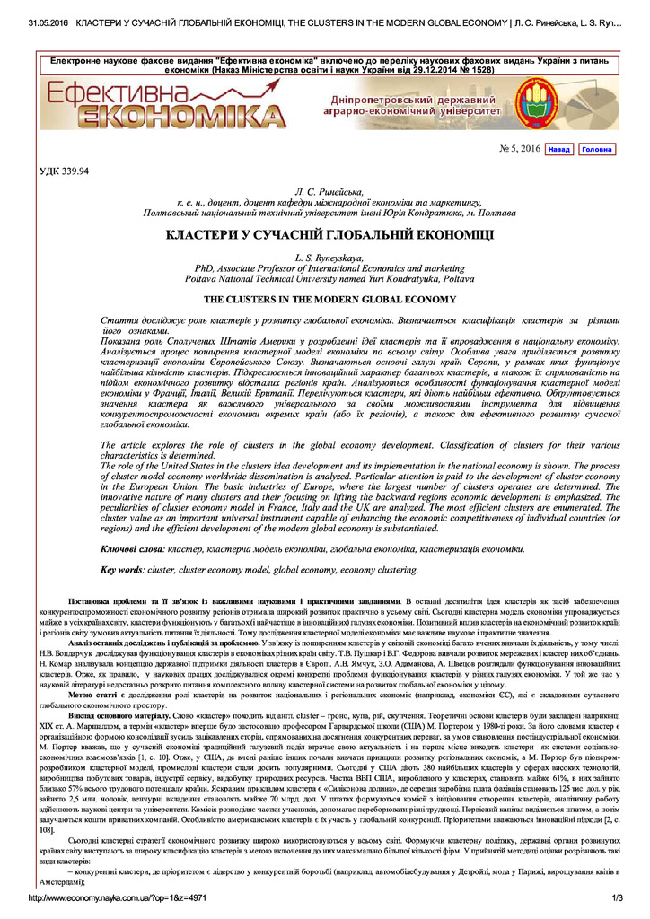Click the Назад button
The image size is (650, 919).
558,149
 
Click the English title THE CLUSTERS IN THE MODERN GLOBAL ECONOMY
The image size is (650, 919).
330,299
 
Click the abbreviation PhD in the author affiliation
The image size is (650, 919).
205,268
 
